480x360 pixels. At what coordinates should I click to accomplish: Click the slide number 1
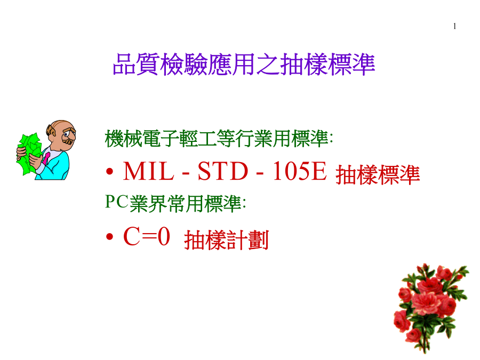tap(454, 26)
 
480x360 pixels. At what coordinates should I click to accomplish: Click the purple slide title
tap(244, 65)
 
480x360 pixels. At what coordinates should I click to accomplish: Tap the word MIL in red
tap(148, 171)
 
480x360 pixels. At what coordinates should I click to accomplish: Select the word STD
tap(223, 171)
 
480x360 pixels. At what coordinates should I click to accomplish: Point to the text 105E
tap(299, 171)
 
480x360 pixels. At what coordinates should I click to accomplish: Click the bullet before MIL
tap(109, 172)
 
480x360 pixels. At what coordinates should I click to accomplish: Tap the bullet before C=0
tap(109, 237)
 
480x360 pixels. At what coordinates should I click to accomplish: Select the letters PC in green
tap(116, 202)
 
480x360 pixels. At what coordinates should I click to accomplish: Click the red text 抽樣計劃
tap(227, 240)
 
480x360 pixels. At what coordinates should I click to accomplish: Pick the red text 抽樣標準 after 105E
tap(378, 175)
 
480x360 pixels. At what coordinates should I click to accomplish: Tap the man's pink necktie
tap(46, 158)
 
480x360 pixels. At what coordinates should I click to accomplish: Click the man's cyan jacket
tap(55, 165)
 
